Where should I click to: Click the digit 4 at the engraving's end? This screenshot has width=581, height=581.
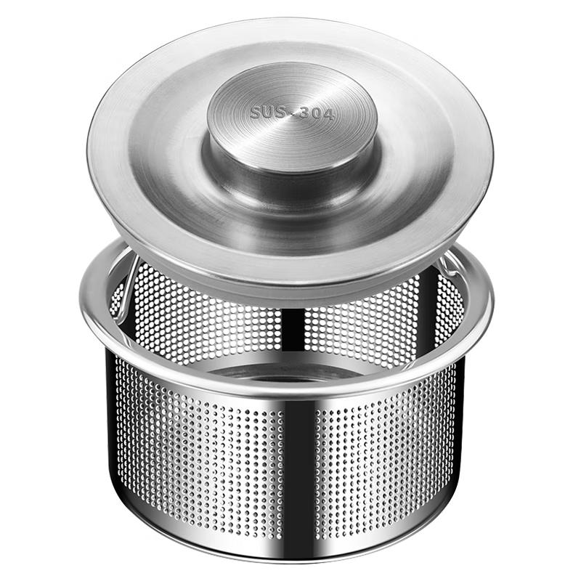pyautogui.click(x=330, y=115)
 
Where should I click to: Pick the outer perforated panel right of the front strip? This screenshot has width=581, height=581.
pyautogui.click(x=392, y=450)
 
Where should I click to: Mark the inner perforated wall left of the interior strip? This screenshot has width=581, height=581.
pyautogui.click(x=211, y=320)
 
